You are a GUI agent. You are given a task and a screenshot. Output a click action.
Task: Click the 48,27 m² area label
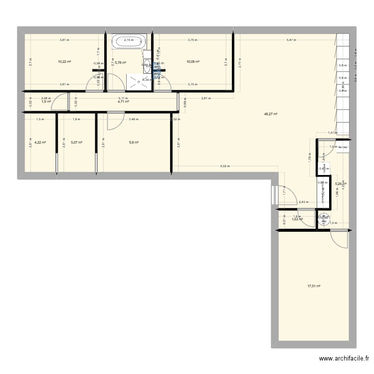(271, 114)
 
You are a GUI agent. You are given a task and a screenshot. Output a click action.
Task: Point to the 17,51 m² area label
(314, 286)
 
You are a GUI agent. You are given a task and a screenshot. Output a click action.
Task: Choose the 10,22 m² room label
(64, 62)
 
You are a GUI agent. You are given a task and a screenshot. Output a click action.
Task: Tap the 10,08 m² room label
(192, 62)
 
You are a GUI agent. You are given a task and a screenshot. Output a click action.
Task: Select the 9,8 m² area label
(133, 142)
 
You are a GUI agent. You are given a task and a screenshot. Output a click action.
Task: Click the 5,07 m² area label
(76, 142)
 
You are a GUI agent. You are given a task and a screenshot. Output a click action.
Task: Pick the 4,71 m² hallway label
(123, 102)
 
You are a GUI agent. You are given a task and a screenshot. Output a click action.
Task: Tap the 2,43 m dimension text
(303, 202)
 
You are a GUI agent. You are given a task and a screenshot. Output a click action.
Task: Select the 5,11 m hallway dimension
(123, 98)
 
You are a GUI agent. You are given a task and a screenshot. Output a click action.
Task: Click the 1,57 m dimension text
(332, 133)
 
